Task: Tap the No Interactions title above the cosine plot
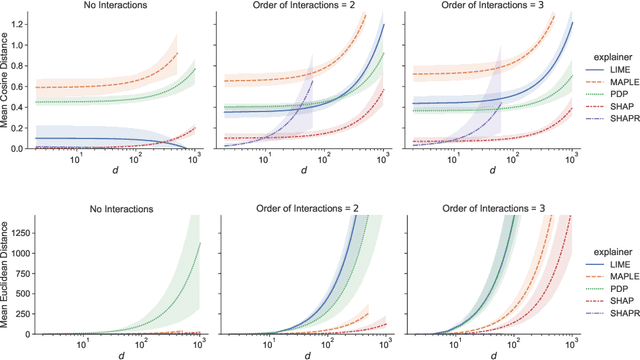120,6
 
